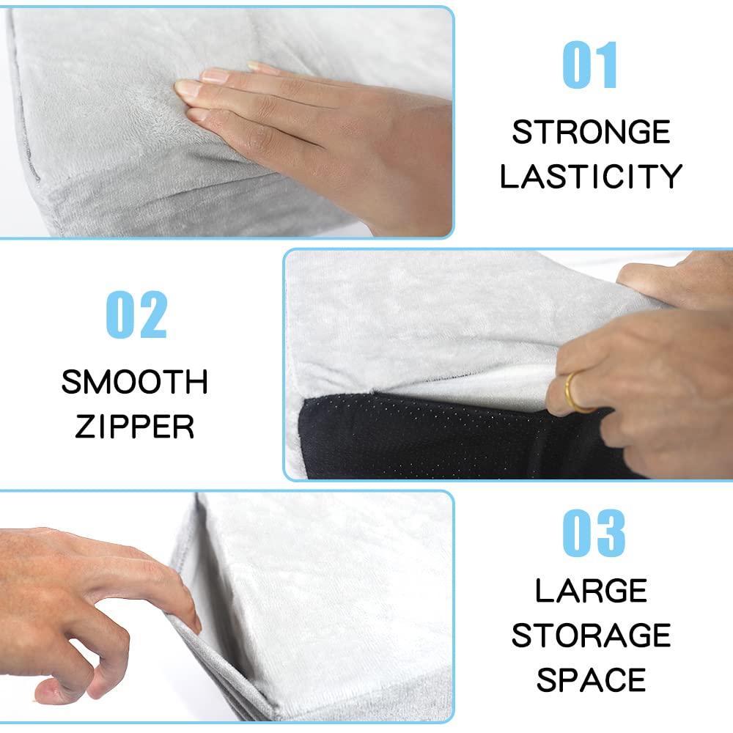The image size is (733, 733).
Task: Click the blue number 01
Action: tap(590, 66)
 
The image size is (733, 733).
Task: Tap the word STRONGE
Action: tap(591, 133)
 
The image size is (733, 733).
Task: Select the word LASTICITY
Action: tap(591, 177)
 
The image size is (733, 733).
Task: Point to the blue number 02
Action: tap(137, 315)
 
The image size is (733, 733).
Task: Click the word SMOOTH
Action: tap(135, 382)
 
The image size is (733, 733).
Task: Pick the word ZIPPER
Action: tap(135, 426)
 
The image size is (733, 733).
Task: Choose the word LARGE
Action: tap(591, 591)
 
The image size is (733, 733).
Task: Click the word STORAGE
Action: tap(591, 636)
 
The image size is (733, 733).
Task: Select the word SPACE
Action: tap(591, 679)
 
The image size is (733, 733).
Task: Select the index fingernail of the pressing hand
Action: tap(189, 88)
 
